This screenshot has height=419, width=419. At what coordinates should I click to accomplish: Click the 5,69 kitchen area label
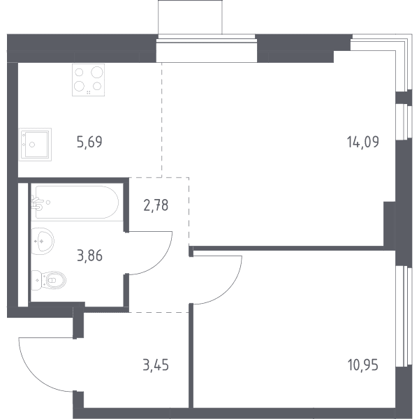coord(89,142)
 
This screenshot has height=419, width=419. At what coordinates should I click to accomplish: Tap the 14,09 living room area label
coord(363,142)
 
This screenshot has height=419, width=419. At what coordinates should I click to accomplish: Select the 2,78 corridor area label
coord(156,205)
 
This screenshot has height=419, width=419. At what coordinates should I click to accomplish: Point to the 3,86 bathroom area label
coord(89,256)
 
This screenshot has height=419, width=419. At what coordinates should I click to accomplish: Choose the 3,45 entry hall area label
coord(156,365)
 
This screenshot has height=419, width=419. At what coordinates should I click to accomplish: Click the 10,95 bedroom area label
coord(363,365)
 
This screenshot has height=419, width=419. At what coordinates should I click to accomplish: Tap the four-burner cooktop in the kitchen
coord(88,80)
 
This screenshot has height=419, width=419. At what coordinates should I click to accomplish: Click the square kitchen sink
coord(36,145)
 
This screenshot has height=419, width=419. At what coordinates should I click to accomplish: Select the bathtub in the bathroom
coord(77,202)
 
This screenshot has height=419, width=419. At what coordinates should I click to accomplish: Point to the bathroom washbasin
coord(43,241)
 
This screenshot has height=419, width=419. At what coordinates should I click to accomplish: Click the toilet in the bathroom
coord(49,280)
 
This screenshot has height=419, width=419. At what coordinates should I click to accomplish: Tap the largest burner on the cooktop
coord(97,72)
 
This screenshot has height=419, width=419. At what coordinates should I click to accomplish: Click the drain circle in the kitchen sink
coord(32,145)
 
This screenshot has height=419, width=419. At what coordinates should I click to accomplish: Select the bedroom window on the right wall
coord(404,316)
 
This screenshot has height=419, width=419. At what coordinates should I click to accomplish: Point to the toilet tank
coord(36,280)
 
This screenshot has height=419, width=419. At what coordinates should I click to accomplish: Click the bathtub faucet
coord(38,203)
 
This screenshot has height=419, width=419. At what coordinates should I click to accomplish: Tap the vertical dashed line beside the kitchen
coord(162,120)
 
